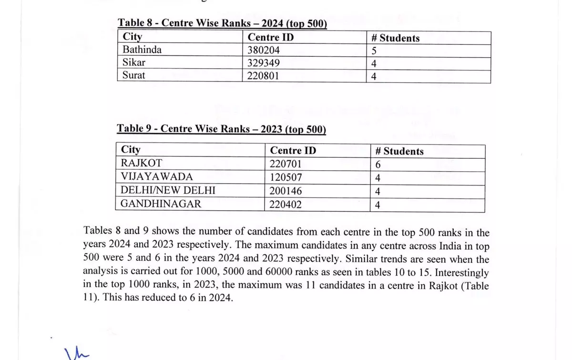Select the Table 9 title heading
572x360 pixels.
[222, 129]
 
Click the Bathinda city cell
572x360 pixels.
[142, 50]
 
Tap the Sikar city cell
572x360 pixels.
[134, 63]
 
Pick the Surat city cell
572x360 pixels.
[134, 75]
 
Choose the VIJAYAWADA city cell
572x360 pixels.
[157, 177]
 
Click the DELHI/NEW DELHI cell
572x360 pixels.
[168, 191]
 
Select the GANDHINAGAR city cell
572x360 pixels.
[161, 204]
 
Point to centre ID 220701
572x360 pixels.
[286, 165]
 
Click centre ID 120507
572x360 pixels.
[286, 177]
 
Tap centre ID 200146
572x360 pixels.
[286, 191]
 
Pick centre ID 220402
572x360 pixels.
[286, 205]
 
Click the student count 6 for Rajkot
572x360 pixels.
[378, 165]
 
